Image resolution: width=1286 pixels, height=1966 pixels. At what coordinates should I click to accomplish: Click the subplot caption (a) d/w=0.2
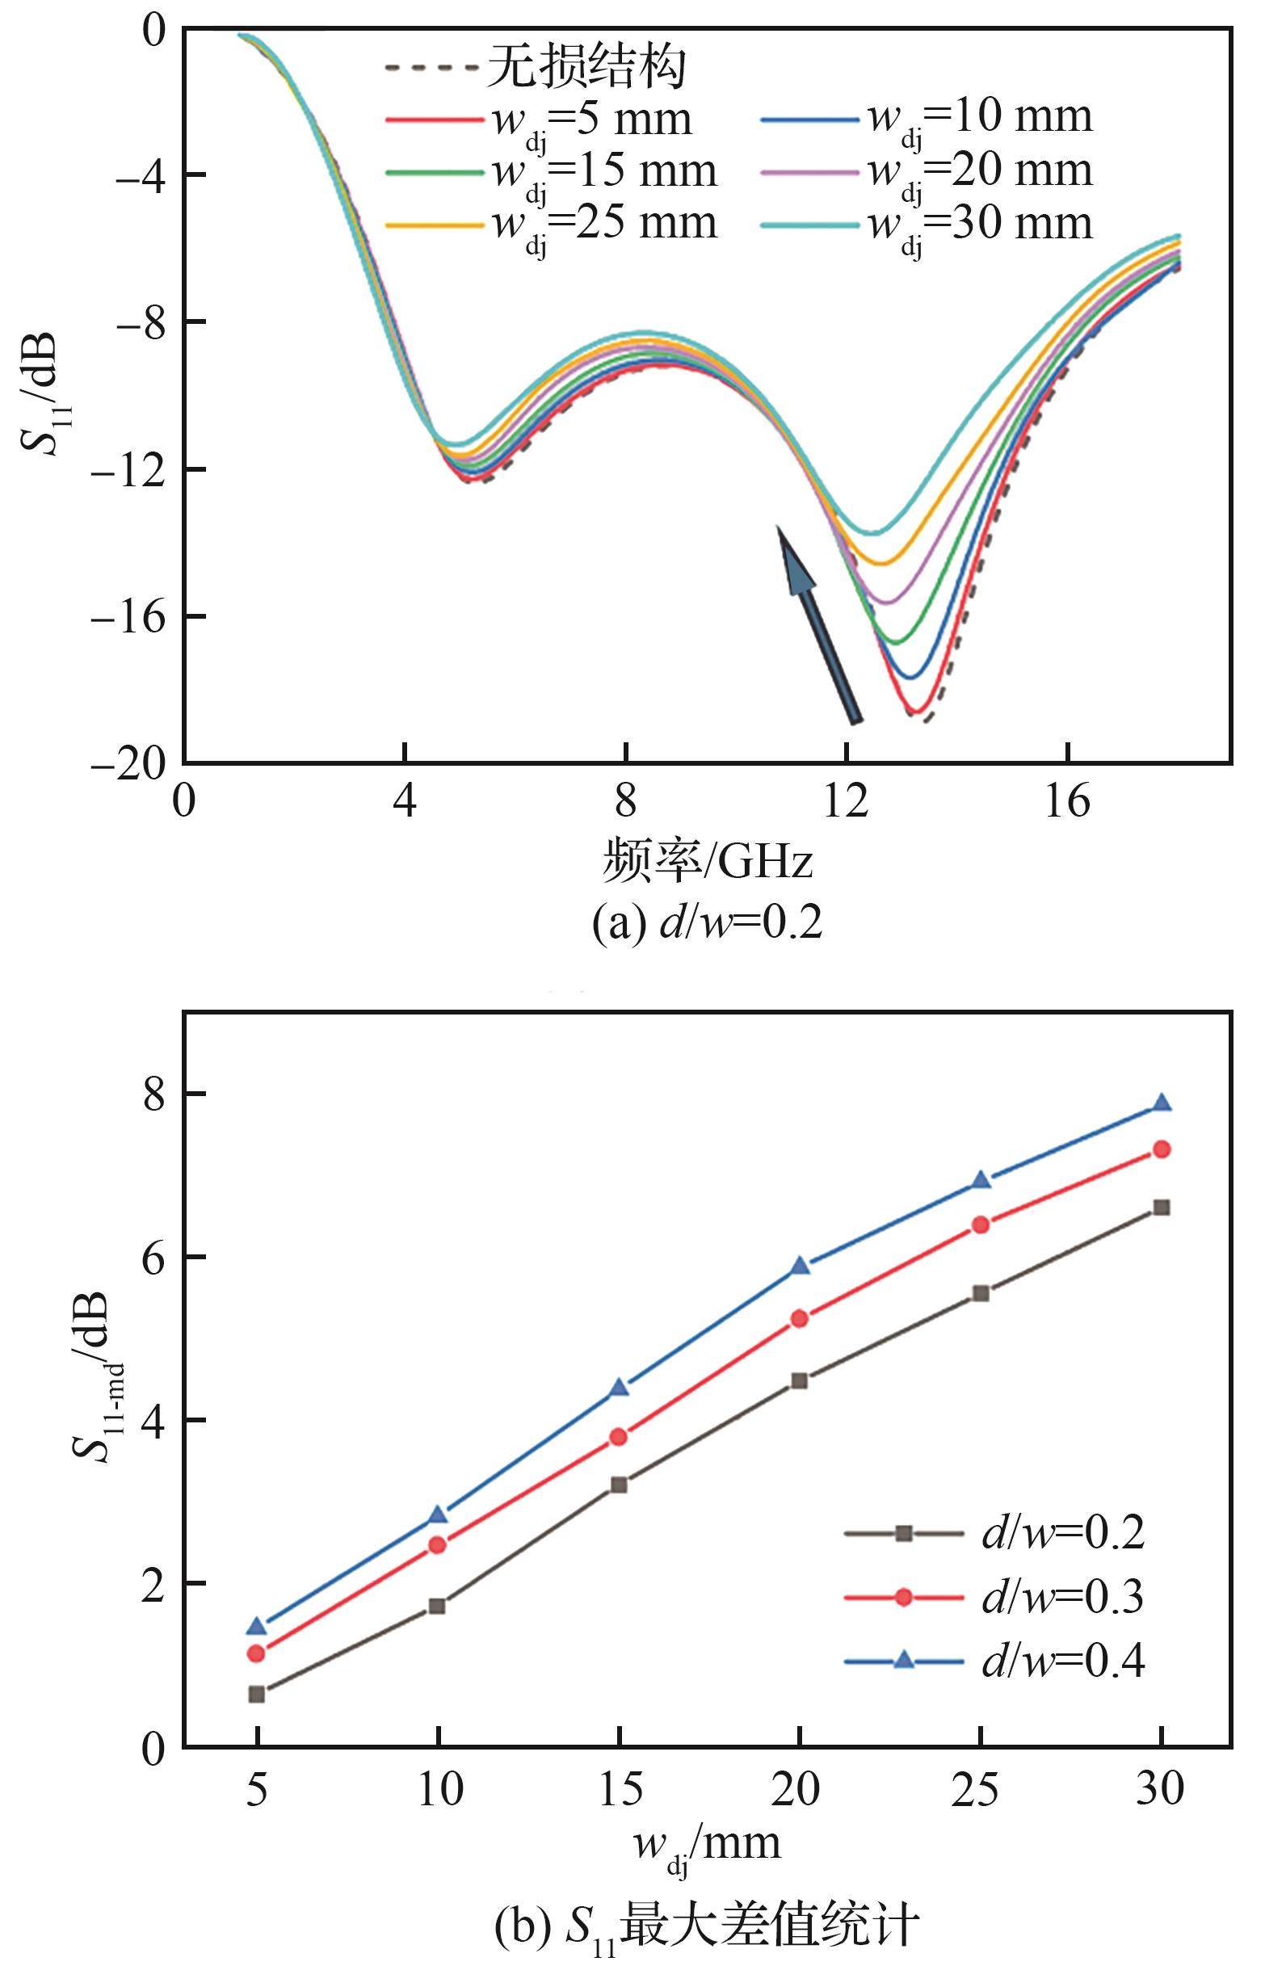707,924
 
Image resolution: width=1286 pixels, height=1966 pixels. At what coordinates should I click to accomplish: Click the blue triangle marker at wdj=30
1162,1103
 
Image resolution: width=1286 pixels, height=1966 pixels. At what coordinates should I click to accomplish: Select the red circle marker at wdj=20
800,1319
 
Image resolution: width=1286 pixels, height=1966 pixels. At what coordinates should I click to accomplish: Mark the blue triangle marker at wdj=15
620,1388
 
